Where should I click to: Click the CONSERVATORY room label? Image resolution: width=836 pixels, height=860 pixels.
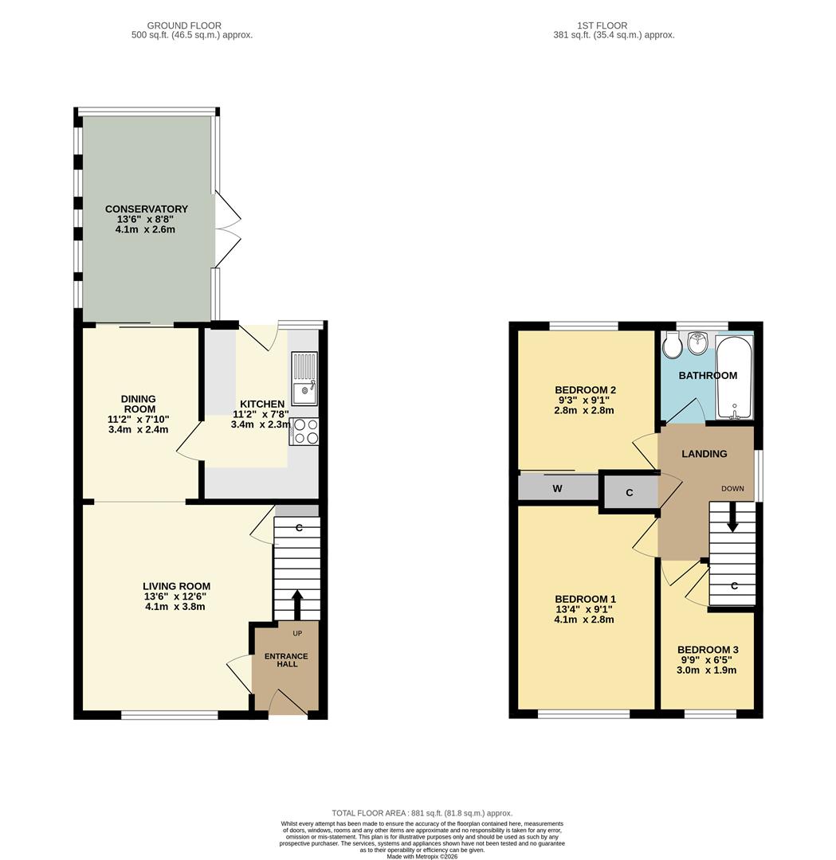tap(147, 209)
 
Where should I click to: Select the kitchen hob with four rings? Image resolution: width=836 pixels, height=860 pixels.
tap(306, 431)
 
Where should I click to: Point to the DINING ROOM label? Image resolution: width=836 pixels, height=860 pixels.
tap(139, 404)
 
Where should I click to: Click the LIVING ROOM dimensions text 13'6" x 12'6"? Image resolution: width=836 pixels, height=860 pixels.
tap(177, 596)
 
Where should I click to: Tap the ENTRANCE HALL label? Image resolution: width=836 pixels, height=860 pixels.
tap(286, 661)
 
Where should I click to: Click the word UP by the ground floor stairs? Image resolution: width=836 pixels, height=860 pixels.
tap(297, 634)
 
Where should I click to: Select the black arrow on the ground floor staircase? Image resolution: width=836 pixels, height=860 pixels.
tap(297, 604)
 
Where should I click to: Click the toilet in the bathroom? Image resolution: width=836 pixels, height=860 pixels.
tap(671, 344)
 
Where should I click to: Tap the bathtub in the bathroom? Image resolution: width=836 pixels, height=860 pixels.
tap(733, 377)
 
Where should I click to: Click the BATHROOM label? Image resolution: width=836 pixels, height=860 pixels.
tap(708, 376)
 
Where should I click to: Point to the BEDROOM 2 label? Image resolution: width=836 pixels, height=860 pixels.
tap(586, 390)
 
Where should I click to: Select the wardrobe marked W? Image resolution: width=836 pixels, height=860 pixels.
tap(558, 488)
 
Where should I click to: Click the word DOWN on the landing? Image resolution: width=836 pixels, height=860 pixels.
tap(733, 488)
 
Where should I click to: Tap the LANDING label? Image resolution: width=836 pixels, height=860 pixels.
tap(705, 454)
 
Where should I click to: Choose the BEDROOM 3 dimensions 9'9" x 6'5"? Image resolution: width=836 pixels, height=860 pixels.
tap(705, 660)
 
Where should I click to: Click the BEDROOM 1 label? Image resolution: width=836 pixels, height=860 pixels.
tap(586, 600)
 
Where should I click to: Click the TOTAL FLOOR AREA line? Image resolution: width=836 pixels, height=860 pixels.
tap(422, 813)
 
